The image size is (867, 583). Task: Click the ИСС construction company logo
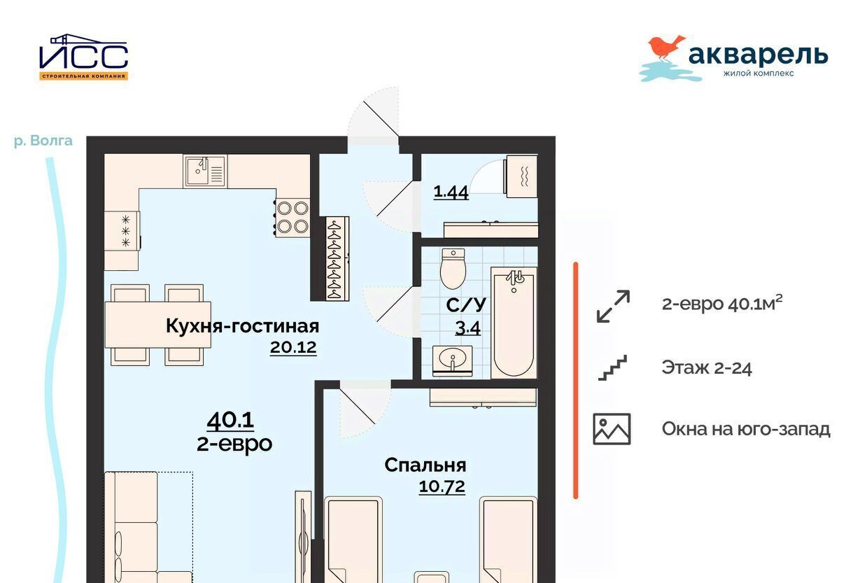(83, 57)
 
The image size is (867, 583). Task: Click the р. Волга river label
(43, 141)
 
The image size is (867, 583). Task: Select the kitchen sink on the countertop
(206, 171)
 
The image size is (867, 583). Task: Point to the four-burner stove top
(292, 217)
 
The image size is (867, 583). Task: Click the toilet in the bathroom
(453, 268)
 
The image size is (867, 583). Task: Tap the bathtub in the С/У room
(514, 322)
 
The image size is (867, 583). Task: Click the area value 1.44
(451, 192)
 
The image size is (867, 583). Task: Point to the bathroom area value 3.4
(467, 328)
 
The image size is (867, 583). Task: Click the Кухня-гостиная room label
(242, 326)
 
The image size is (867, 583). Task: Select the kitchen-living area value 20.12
(293, 347)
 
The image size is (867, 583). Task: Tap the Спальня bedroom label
(425, 465)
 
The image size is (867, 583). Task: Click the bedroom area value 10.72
(442, 486)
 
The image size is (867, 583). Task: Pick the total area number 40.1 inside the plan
(230, 420)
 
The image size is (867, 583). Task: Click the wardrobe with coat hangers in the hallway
(337, 258)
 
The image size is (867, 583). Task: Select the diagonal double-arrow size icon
(613, 307)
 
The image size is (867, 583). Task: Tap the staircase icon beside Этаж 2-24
(612, 367)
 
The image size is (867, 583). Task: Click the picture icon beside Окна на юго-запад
(612, 429)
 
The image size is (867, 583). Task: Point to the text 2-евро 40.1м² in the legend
(722, 304)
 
